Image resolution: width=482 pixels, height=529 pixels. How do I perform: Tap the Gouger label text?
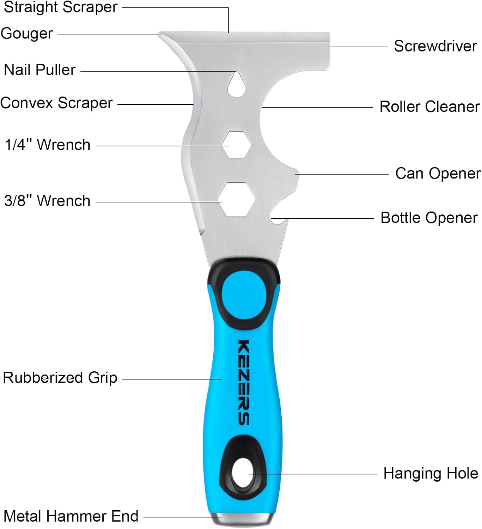27,34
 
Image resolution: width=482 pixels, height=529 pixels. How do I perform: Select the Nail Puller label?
39,70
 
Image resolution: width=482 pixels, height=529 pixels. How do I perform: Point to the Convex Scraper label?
56,103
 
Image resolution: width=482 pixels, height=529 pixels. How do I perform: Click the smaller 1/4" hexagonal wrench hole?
237,145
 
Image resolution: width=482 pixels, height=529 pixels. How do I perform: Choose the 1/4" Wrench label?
48,145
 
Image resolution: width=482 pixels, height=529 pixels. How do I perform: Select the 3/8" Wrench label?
47,201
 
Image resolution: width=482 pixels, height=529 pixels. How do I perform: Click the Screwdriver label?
435,46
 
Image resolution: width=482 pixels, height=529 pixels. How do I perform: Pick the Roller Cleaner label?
429,107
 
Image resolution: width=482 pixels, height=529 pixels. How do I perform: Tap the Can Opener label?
438,174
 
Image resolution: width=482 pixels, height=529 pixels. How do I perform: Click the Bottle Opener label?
429,218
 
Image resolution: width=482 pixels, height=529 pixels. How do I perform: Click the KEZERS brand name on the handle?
244,382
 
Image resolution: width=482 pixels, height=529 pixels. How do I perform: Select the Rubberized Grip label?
60,378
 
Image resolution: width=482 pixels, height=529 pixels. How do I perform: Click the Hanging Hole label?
431,473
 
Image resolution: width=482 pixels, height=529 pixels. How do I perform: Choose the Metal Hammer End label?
71,516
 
